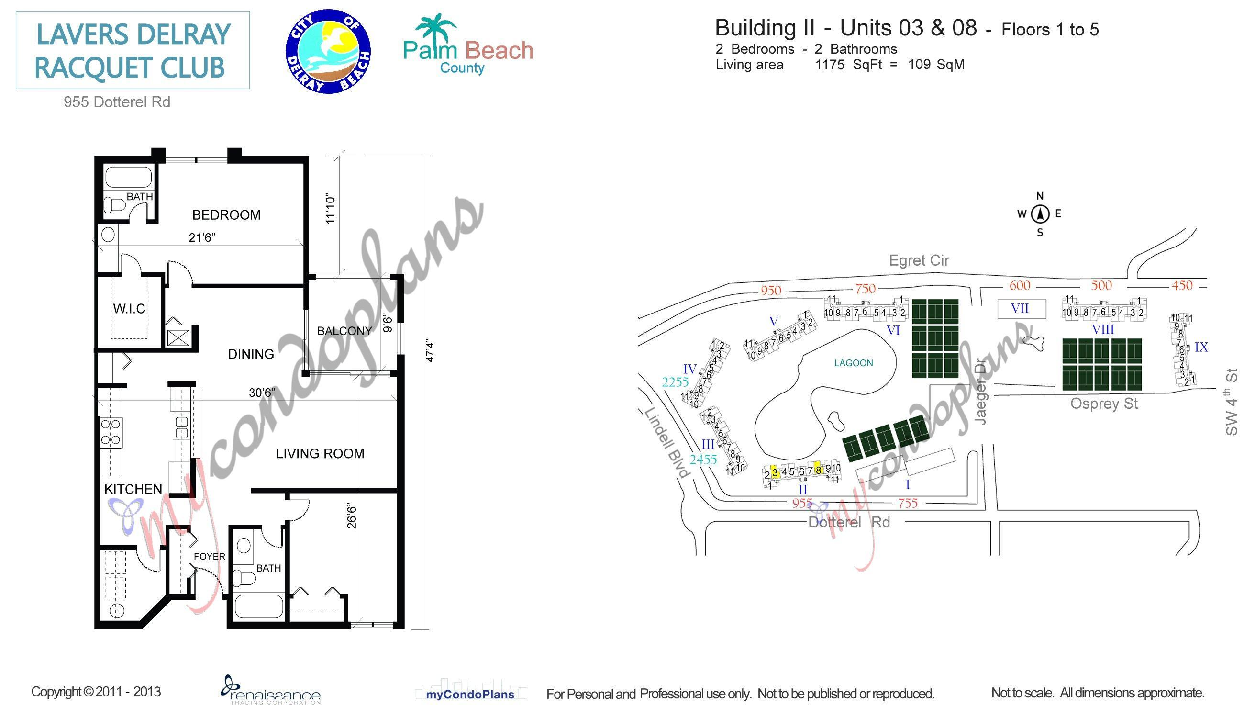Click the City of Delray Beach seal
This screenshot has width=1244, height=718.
tap(328, 51)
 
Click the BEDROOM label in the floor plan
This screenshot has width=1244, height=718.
tap(226, 215)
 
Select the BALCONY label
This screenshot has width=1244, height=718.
tap(344, 331)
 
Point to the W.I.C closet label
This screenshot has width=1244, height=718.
tap(129, 309)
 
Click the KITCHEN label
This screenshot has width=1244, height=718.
tap(133, 489)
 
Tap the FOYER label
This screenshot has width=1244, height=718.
tap(209, 556)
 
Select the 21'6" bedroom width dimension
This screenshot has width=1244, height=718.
tap(202, 238)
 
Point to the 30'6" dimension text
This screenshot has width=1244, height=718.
tap(262, 393)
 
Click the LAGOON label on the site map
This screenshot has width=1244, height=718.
tap(853, 363)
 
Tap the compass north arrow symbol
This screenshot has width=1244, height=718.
tap(1040, 214)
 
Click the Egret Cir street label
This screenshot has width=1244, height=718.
tap(919, 260)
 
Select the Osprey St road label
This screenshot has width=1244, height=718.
tap(1103, 404)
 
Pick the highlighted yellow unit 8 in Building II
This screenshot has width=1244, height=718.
tap(818, 470)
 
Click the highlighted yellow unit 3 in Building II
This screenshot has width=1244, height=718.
tap(775, 472)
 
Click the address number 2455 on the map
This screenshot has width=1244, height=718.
tap(703, 460)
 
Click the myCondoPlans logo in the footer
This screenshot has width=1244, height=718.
tap(470, 695)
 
